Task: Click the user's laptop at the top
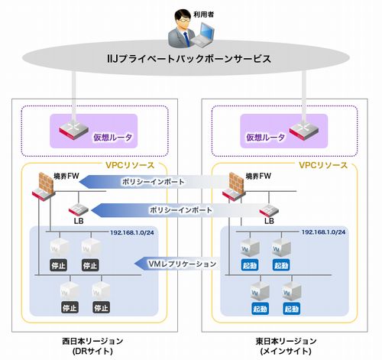pyautogui.click(x=203, y=35)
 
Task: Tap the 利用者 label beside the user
pyautogui.click(x=203, y=15)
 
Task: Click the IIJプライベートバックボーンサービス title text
pyautogui.click(x=189, y=59)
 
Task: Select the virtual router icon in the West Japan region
pyautogui.click(x=73, y=129)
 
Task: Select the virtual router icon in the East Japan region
pyautogui.click(x=304, y=131)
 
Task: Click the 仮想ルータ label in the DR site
pyautogui.click(x=112, y=138)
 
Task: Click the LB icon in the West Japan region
pyautogui.click(x=79, y=210)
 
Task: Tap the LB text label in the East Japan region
pyautogui.click(x=269, y=221)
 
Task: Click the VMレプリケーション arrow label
pyautogui.click(x=182, y=264)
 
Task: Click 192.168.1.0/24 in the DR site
pyautogui.click(x=132, y=232)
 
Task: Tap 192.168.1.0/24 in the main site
pyautogui.click(x=323, y=232)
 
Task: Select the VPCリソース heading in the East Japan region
pyautogui.click(x=323, y=165)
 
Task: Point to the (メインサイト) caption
pyautogui.click(x=286, y=352)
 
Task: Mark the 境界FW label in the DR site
pyautogui.click(x=66, y=176)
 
